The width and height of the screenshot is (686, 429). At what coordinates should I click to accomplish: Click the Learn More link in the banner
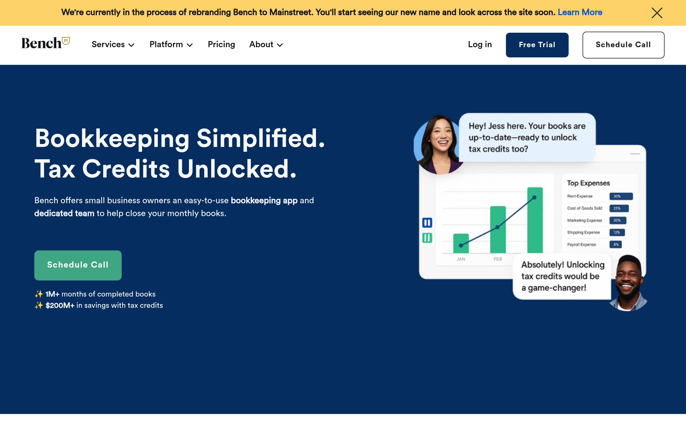click(580, 12)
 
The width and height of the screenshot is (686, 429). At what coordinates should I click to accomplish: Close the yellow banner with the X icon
click(657, 13)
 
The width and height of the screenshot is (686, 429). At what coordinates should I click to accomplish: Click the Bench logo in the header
click(45, 43)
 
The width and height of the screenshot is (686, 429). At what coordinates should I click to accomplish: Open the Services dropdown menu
click(113, 45)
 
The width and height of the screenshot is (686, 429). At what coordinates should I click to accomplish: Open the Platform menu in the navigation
click(171, 45)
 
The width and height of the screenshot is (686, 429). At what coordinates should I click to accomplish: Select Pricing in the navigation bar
click(221, 45)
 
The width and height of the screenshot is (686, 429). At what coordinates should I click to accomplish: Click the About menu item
click(266, 45)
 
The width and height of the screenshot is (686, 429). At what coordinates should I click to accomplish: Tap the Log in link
click(480, 45)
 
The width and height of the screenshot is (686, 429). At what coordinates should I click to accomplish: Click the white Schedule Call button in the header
click(623, 45)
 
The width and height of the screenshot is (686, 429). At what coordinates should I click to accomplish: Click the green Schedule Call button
click(78, 265)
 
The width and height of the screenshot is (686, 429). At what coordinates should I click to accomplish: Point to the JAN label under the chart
click(461, 259)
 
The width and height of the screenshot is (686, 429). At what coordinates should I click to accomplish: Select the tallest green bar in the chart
click(535, 220)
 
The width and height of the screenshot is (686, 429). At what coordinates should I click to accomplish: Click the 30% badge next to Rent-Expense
click(621, 196)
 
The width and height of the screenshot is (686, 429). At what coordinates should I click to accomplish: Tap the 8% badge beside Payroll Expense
click(616, 244)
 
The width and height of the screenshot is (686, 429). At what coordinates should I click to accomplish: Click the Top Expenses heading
click(588, 183)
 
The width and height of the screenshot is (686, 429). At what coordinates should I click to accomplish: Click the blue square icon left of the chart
click(427, 223)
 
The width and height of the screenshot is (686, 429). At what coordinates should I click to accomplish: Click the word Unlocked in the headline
click(236, 169)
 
